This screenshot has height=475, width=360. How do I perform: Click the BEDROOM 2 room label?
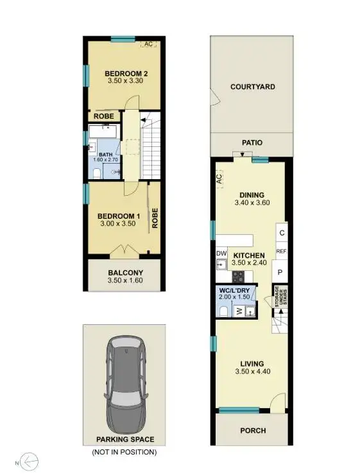126,74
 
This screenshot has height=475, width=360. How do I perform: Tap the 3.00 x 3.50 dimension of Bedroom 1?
118,224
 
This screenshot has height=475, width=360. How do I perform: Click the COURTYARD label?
252,87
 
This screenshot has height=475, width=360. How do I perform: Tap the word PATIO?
252,142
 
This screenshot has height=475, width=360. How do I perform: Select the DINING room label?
252,196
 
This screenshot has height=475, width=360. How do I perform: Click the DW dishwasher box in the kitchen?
221,254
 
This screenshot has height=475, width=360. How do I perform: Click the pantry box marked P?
281,272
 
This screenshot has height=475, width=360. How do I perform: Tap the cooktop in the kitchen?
238,277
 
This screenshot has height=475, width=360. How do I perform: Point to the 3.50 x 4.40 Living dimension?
251,371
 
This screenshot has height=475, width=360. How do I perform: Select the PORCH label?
253,430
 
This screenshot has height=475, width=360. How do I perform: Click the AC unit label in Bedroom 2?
148,44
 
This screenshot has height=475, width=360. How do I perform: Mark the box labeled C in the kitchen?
282,232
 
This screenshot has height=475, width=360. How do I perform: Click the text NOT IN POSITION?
125,452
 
